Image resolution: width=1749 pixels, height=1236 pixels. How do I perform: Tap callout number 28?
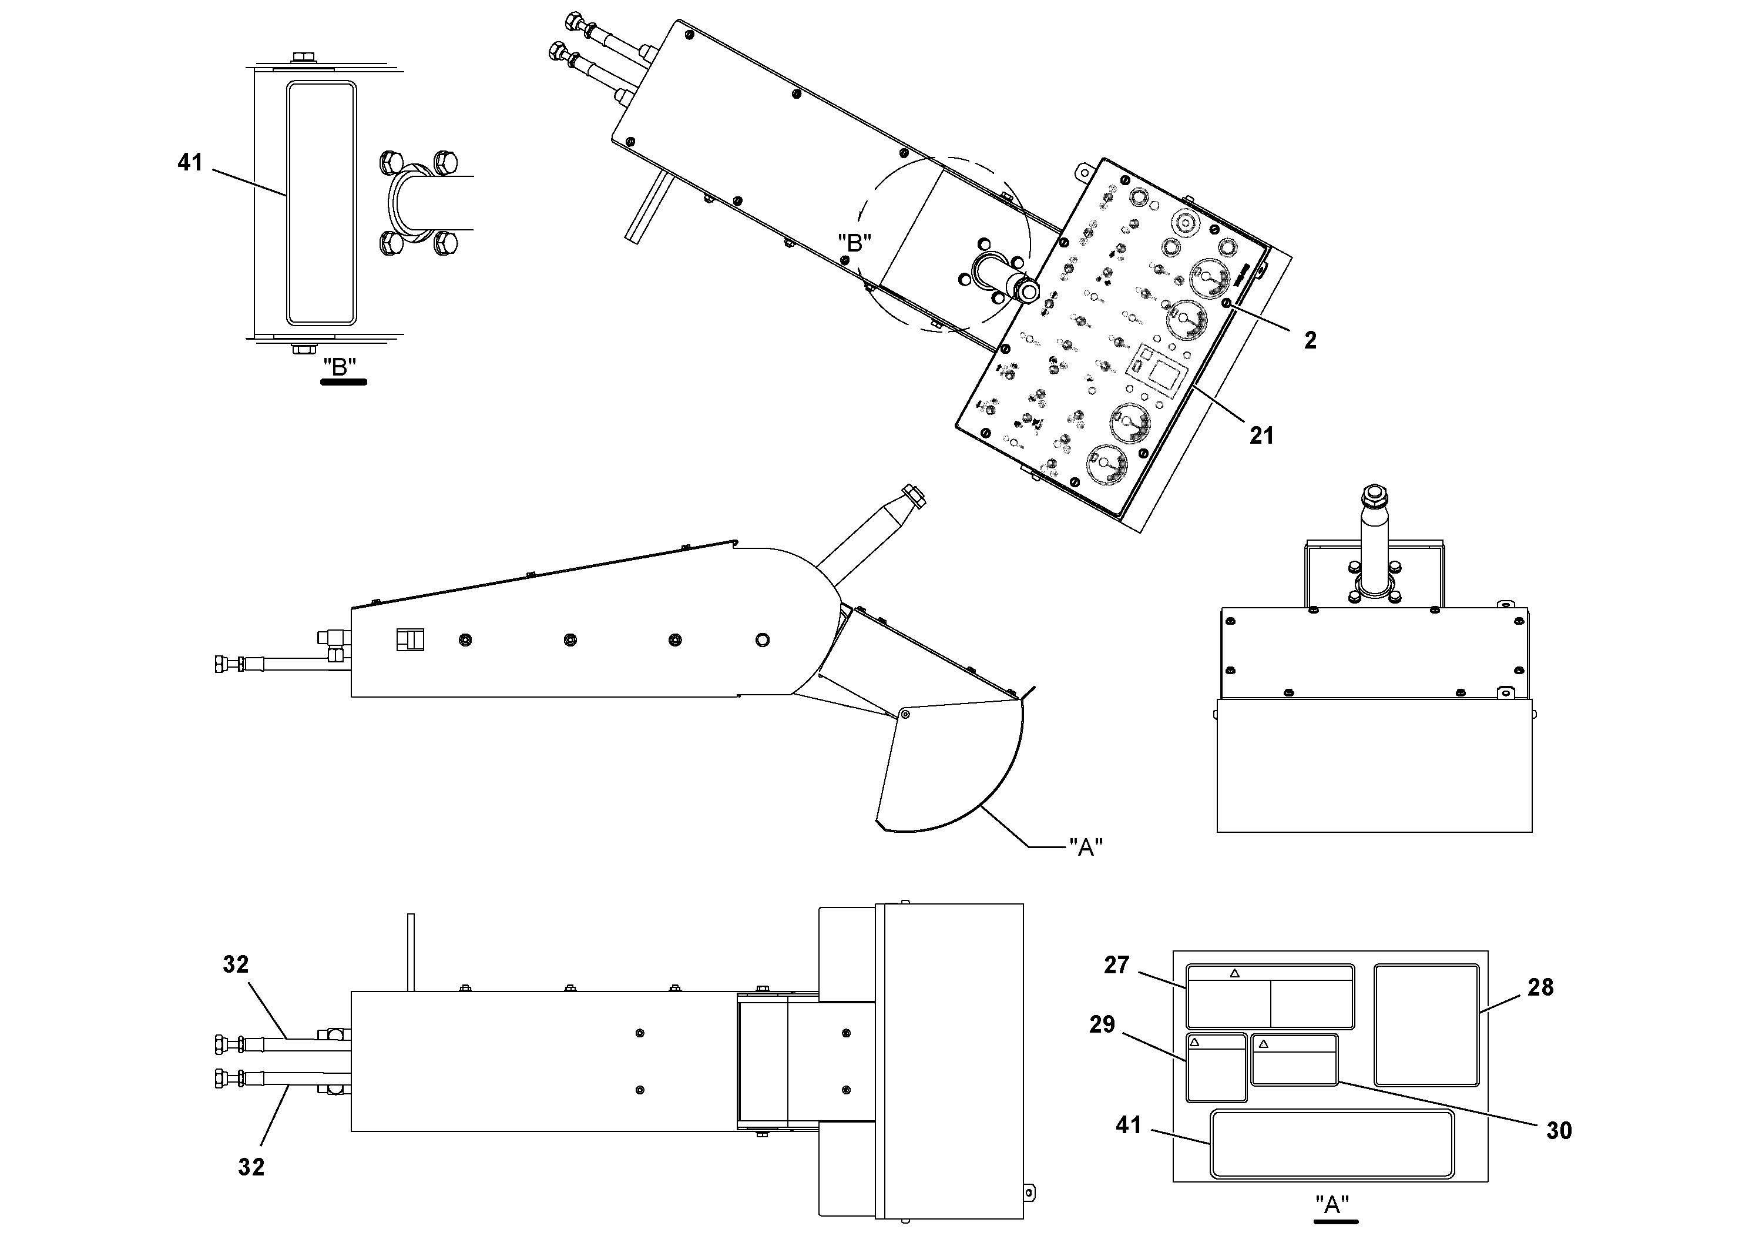click(1540, 987)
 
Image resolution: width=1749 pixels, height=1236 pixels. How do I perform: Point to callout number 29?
click(1102, 1024)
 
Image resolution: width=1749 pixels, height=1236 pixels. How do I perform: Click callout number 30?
click(1559, 1130)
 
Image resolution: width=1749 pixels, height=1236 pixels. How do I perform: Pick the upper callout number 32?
click(236, 964)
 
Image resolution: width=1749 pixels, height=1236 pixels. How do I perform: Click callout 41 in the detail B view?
click(190, 162)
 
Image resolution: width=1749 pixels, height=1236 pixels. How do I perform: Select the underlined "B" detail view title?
click(340, 367)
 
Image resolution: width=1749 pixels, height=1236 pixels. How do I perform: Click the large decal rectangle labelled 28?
click(1426, 1024)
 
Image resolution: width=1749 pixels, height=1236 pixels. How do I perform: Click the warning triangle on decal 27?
click(1235, 973)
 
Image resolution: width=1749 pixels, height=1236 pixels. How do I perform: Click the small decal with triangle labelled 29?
click(1217, 1067)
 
